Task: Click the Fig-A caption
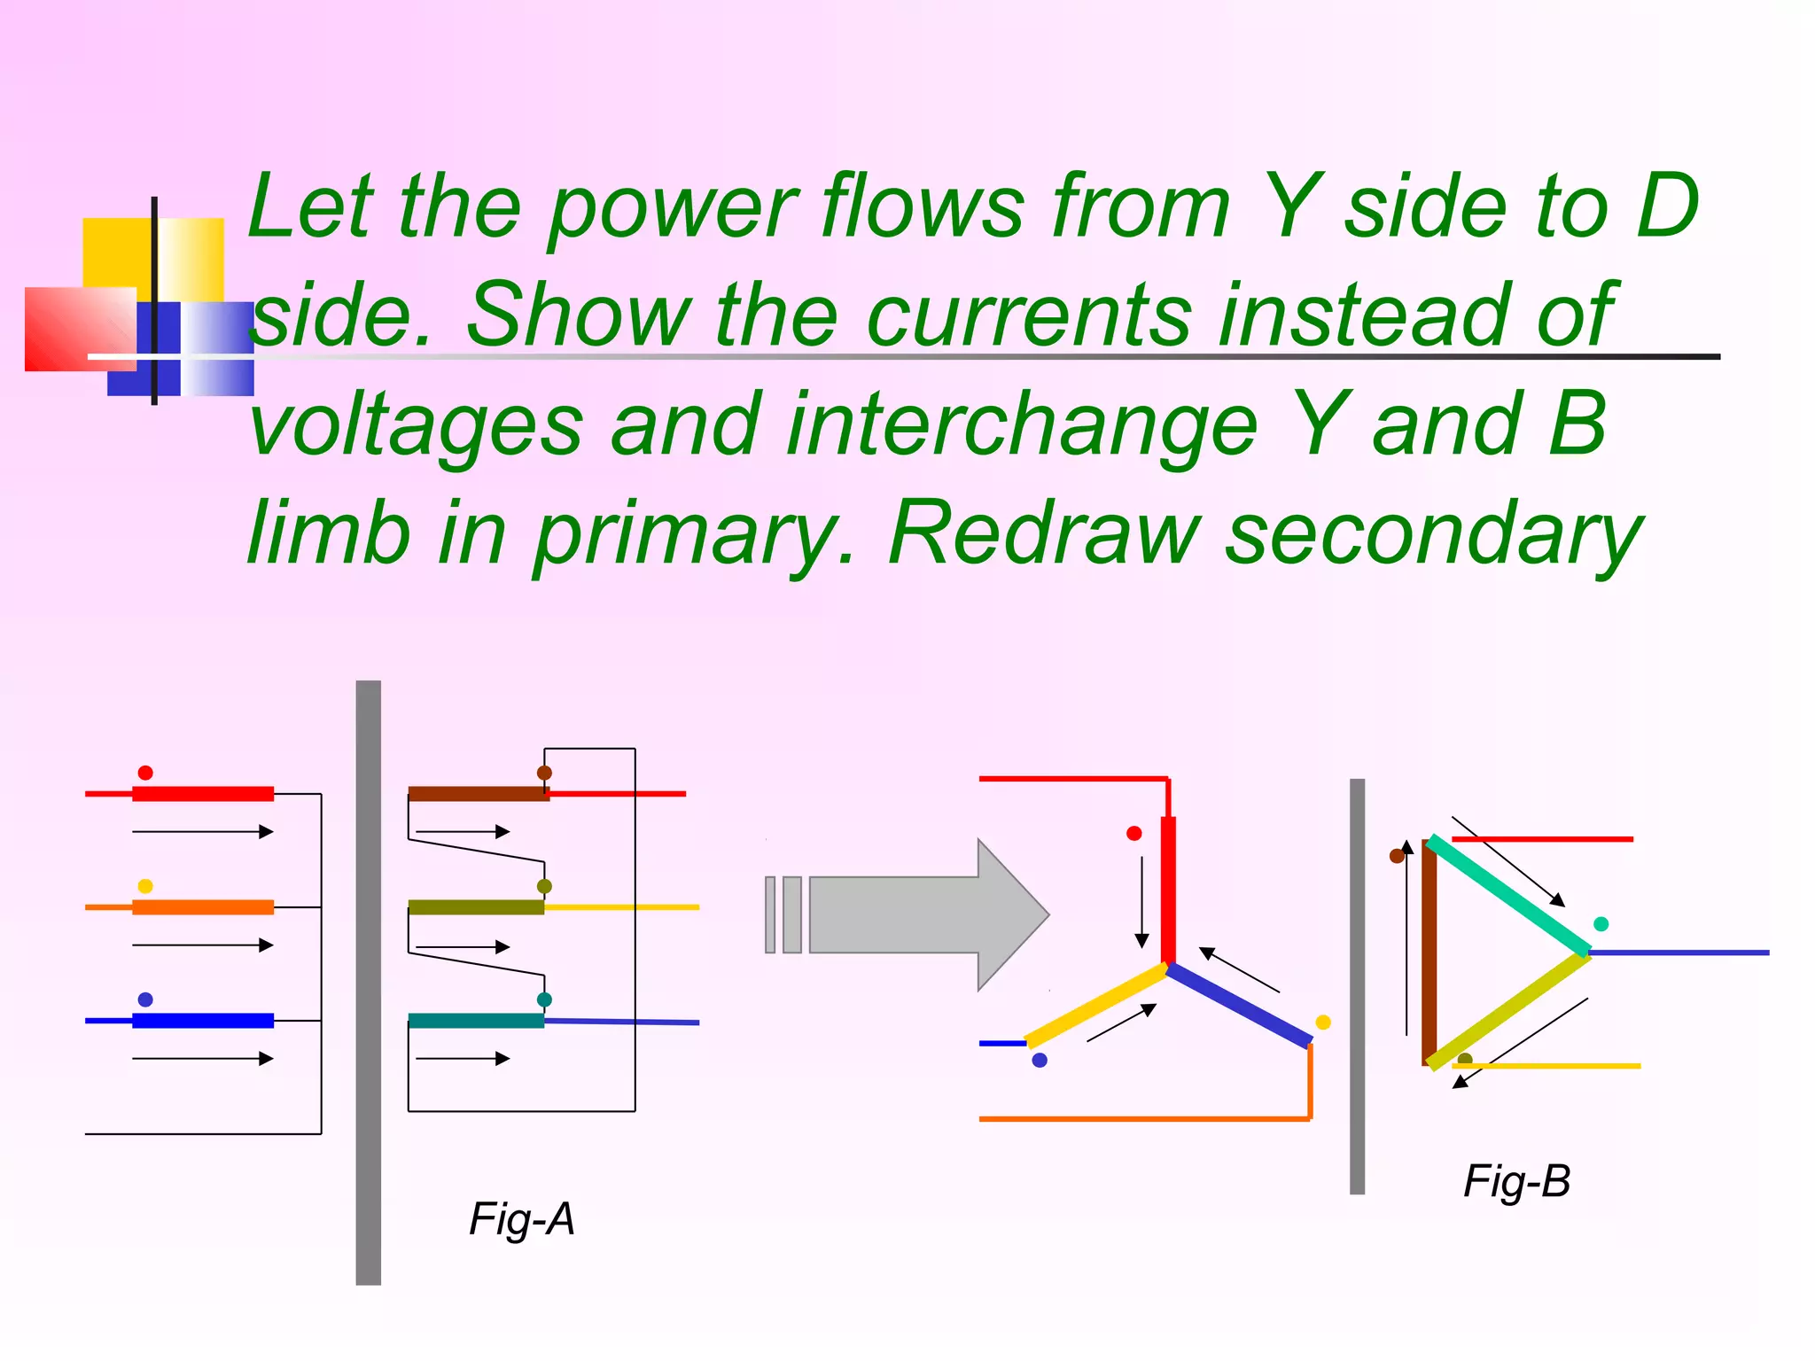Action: [522, 1219]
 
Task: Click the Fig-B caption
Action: [1516, 1181]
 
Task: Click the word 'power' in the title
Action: [673, 209]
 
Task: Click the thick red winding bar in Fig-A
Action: [203, 794]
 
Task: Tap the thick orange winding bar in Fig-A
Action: [203, 907]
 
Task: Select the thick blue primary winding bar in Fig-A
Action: [203, 1021]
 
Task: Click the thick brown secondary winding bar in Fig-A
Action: [479, 794]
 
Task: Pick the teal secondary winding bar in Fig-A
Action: [476, 1021]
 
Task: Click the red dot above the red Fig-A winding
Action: [145, 773]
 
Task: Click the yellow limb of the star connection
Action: [1095, 1006]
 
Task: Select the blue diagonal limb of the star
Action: [1239, 1006]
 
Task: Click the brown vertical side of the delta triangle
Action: [1429, 953]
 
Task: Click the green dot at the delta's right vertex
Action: [1601, 924]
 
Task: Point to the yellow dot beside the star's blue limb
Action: [1323, 1023]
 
